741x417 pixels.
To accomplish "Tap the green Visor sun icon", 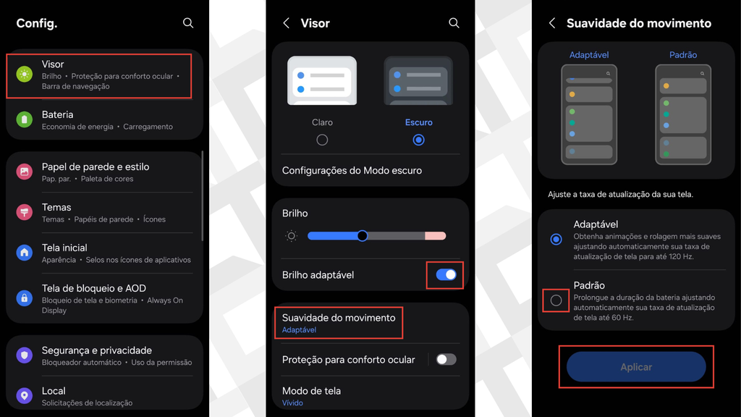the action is point(24,75).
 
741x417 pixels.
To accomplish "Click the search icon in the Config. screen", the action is point(188,22).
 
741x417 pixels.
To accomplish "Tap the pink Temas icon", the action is point(24,212).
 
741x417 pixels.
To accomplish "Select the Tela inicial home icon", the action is point(24,253).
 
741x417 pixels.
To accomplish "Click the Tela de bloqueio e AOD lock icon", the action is point(24,298).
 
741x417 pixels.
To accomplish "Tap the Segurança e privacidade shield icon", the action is point(24,355).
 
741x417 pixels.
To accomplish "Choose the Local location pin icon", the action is point(24,396).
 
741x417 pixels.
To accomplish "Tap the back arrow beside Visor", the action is point(286,22).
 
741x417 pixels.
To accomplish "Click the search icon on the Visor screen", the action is point(454,22).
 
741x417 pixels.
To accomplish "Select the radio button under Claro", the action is point(322,140).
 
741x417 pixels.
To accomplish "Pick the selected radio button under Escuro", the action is point(419,140).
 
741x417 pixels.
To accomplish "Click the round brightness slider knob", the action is point(363,236).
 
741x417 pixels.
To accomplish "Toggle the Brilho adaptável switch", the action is point(446,274).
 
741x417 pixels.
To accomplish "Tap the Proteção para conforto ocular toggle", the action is point(446,359).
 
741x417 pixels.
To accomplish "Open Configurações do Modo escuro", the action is point(352,170).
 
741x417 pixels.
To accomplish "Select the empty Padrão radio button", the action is point(556,300).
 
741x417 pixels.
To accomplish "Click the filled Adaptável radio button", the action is point(556,239).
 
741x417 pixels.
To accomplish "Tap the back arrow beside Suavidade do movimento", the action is point(552,22).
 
